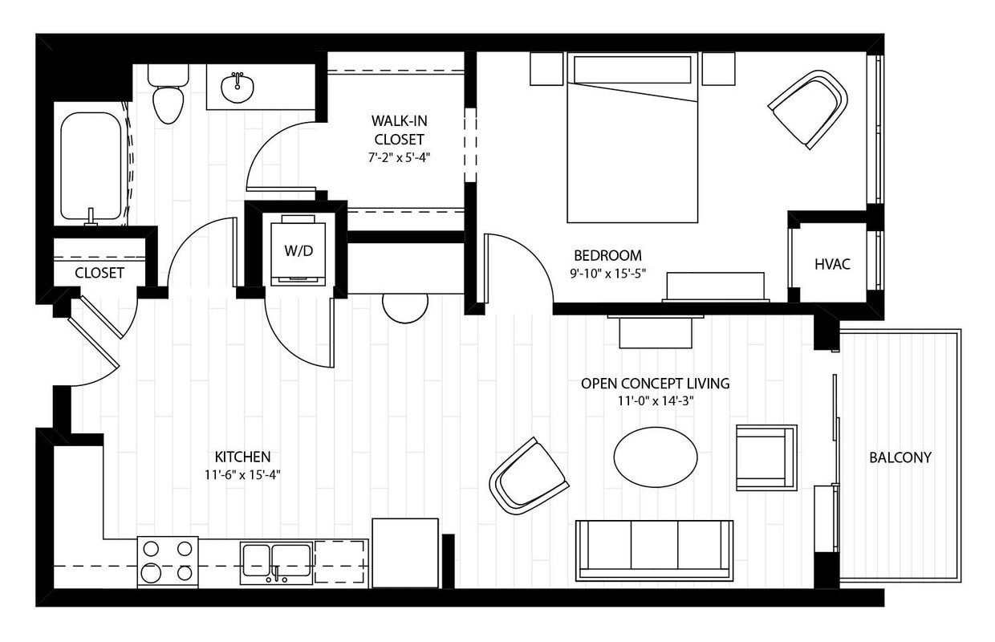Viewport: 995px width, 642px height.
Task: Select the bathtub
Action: [x=91, y=167]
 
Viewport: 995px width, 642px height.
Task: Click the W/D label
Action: [x=298, y=250]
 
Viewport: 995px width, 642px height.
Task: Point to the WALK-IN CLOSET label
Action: [x=398, y=129]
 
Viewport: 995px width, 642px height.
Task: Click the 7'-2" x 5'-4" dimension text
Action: [x=399, y=157]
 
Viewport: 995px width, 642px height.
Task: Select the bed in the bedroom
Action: [x=632, y=144]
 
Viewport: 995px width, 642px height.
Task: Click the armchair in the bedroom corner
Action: [x=809, y=108]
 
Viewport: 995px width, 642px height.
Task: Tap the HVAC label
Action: [x=832, y=264]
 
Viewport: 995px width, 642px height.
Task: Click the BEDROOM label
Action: [x=607, y=256]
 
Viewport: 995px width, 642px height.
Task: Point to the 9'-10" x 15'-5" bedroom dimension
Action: [x=607, y=273]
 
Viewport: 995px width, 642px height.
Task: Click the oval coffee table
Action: [x=656, y=456]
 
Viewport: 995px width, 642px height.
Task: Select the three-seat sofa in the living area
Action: [x=654, y=549]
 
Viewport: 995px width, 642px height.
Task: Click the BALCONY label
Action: [x=900, y=457]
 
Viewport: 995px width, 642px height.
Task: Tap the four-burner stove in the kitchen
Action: [x=167, y=560]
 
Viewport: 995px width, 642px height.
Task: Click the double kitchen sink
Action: [x=276, y=560]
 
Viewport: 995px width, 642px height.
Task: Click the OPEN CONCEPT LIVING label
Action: [x=655, y=384]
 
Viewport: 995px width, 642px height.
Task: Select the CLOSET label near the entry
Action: [x=99, y=273]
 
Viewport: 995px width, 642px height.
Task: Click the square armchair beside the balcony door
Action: [x=766, y=457]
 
